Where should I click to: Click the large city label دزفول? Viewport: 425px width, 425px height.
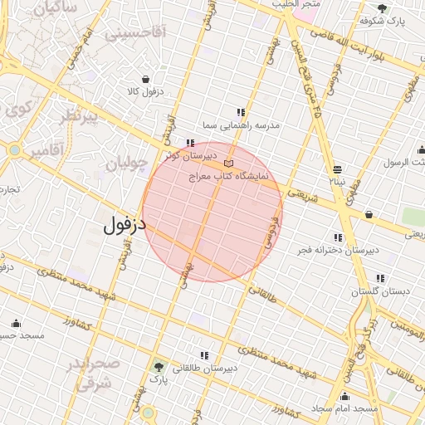click(x=125, y=225)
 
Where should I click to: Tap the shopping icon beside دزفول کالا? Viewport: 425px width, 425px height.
click(x=146, y=80)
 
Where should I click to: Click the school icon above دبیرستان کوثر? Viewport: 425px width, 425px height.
click(x=192, y=143)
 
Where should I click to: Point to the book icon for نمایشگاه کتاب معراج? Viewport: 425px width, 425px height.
click(x=229, y=163)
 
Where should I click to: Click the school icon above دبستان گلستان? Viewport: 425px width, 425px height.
click(x=380, y=278)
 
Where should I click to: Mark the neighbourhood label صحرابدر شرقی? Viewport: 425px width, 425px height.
click(x=93, y=374)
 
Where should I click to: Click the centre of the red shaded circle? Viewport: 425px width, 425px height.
click(x=212, y=212)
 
